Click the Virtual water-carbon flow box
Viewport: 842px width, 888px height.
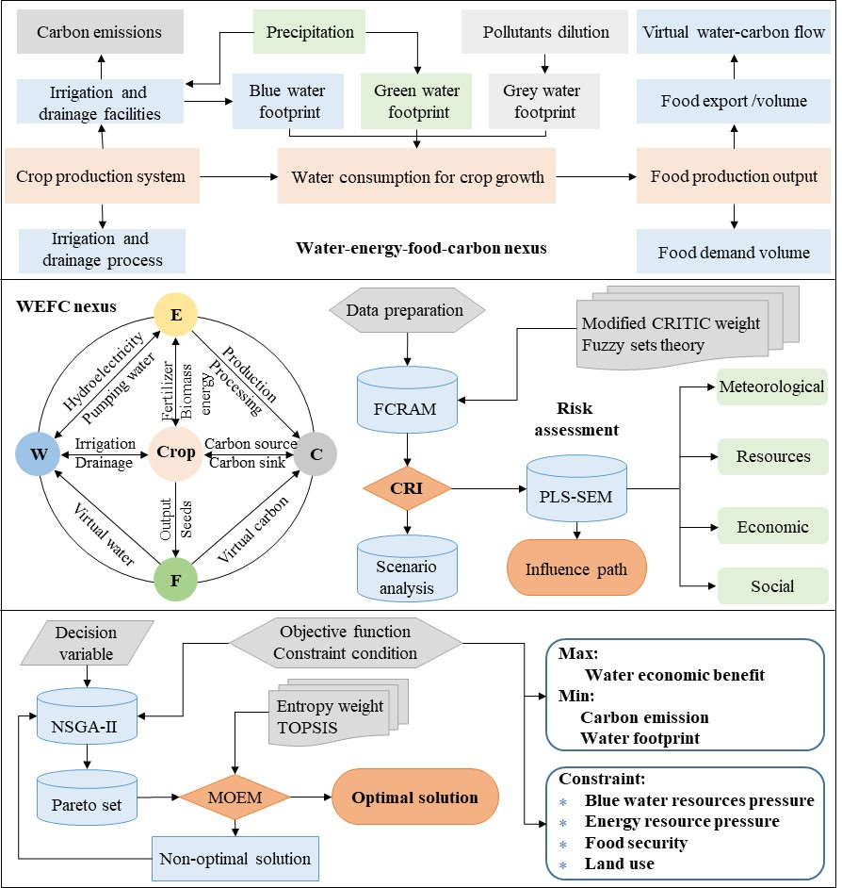pos(735,33)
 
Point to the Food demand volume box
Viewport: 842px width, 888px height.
pos(735,252)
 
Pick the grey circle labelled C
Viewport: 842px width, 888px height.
pos(316,453)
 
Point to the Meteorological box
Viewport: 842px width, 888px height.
pos(771,386)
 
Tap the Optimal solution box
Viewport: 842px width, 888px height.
pos(414,798)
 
